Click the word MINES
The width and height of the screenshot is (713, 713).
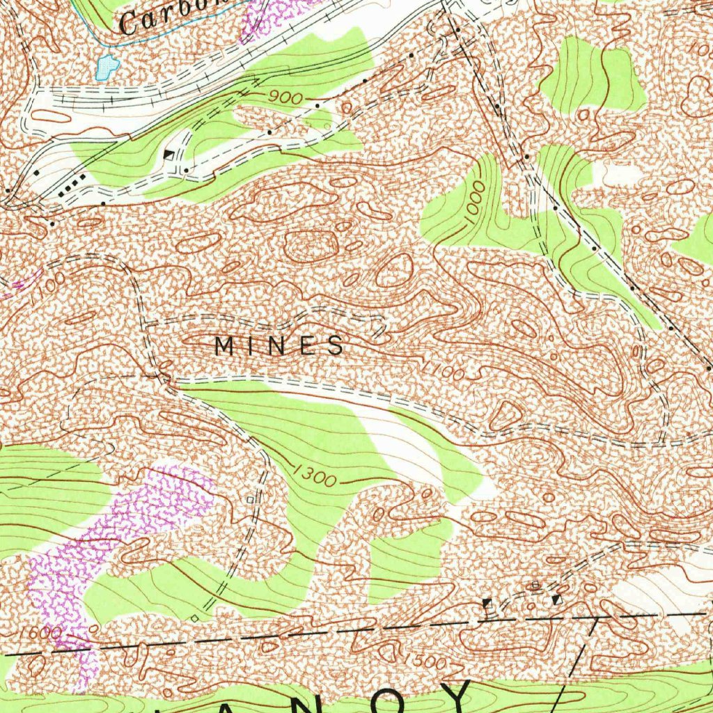[x=279, y=345]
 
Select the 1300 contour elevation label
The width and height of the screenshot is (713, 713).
[x=315, y=477]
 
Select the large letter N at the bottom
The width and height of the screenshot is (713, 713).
[x=306, y=703]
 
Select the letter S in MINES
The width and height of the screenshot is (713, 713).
[x=335, y=345]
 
